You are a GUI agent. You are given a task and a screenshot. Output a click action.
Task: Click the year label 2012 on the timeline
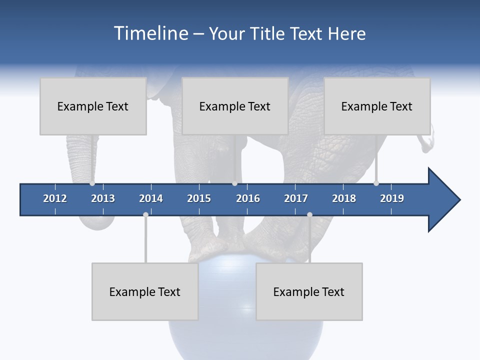pyautogui.click(x=55, y=198)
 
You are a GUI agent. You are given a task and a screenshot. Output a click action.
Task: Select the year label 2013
pyautogui.click(x=103, y=198)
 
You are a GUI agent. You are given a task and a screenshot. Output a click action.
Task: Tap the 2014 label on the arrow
pyautogui.click(x=151, y=198)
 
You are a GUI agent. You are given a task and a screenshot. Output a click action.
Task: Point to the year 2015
pyautogui.click(x=199, y=198)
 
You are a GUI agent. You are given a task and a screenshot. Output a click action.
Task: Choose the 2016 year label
pyautogui.click(x=248, y=198)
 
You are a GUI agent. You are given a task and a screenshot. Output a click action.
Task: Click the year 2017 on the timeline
pyautogui.click(x=296, y=198)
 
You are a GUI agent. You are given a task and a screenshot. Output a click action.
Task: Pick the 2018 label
pyautogui.click(x=344, y=198)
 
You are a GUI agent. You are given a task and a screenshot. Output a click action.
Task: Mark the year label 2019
pyautogui.click(x=392, y=198)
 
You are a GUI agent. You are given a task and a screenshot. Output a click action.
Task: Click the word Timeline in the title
pyautogui.click(x=150, y=33)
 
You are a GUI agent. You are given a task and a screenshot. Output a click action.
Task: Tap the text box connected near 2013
pyautogui.click(x=93, y=106)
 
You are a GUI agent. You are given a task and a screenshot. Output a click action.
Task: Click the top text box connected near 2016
pyautogui.click(x=235, y=106)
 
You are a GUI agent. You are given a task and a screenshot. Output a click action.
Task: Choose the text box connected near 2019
pyautogui.click(x=377, y=106)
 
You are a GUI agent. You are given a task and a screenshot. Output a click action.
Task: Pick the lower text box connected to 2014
pyautogui.click(x=145, y=291)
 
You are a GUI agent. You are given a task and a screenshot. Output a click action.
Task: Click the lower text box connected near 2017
pyautogui.click(x=309, y=291)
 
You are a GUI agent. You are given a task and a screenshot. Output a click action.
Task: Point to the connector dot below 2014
pyautogui.click(x=145, y=214)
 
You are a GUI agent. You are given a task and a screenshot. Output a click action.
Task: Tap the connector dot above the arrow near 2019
pyautogui.click(x=376, y=183)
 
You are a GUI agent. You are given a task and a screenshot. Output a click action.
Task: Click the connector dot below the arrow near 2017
pyautogui.click(x=309, y=214)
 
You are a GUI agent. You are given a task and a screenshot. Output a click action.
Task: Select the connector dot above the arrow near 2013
pyautogui.click(x=92, y=183)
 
